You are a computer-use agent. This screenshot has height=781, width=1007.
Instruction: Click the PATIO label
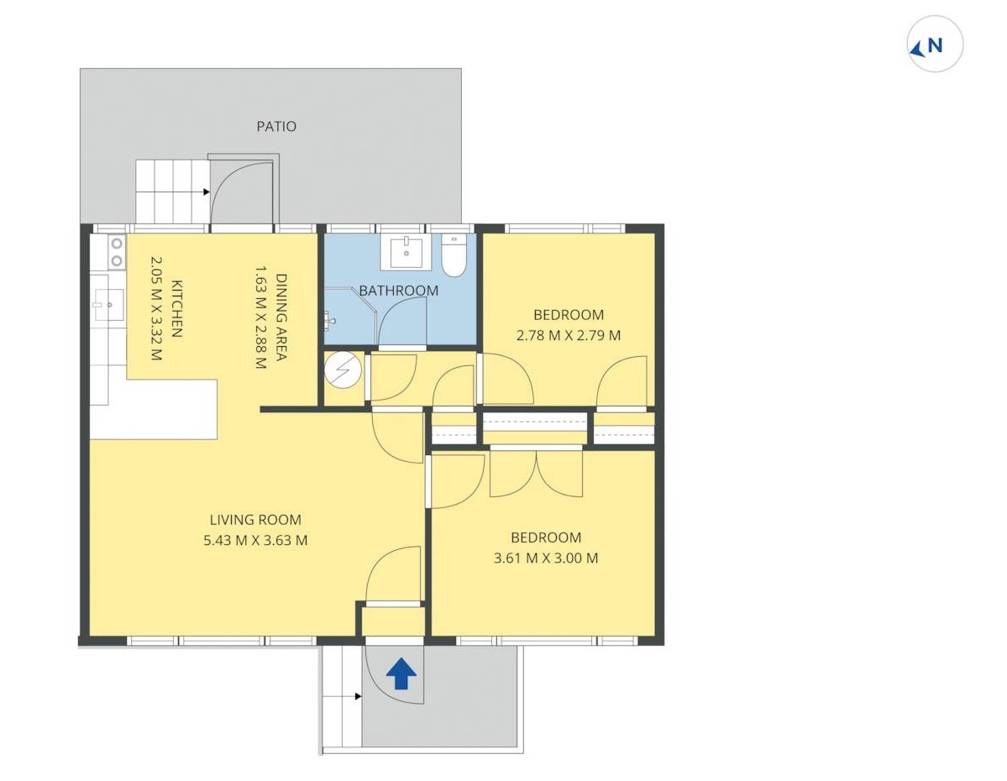[276, 127]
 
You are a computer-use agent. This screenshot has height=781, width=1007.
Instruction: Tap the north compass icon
[934, 45]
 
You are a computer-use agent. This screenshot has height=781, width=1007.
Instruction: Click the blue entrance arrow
[401, 674]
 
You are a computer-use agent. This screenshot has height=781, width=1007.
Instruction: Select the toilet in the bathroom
[454, 255]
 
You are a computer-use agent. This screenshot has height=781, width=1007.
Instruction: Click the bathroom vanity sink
[406, 251]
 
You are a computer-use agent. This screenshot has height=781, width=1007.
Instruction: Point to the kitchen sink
[108, 305]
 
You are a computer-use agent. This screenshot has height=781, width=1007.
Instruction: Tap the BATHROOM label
[398, 291]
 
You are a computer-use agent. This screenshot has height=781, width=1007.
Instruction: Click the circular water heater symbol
[343, 370]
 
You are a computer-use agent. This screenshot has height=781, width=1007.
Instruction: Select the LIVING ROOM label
[255, 520]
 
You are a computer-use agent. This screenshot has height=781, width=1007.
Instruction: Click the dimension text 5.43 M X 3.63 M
[255, 540]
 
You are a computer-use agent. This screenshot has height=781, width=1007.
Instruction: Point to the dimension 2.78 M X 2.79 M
[569, 335]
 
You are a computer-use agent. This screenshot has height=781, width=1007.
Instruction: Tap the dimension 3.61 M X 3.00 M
[546, 558]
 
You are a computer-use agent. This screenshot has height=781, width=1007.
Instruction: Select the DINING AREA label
[281, 317]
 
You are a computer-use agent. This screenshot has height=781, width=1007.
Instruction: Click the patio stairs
[173, 192]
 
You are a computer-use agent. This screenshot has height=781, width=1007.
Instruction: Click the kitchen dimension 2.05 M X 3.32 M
[156, 309]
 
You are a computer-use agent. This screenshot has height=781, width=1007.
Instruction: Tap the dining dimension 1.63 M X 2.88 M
[260, 317]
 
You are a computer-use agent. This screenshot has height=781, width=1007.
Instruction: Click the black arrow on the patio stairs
[206, 192]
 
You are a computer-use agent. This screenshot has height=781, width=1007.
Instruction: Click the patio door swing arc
[229, 175]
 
